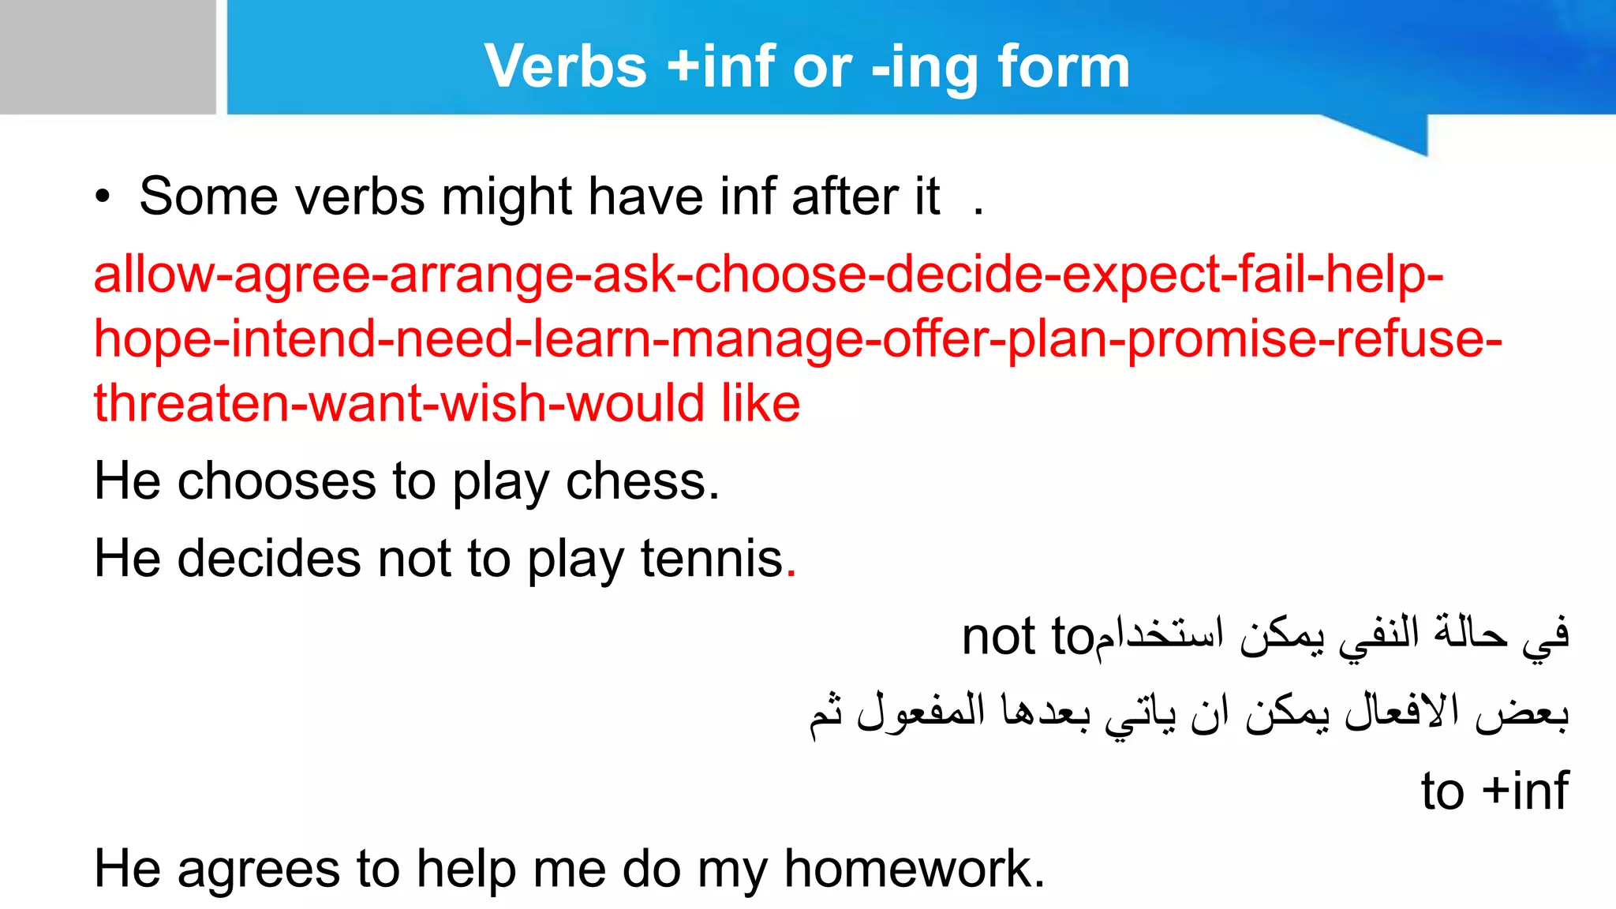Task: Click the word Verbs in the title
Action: tap(566, 66)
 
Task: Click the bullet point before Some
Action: tap(102, 198)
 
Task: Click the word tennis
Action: tap(712, 559)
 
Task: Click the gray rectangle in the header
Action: tap(107, 57)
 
